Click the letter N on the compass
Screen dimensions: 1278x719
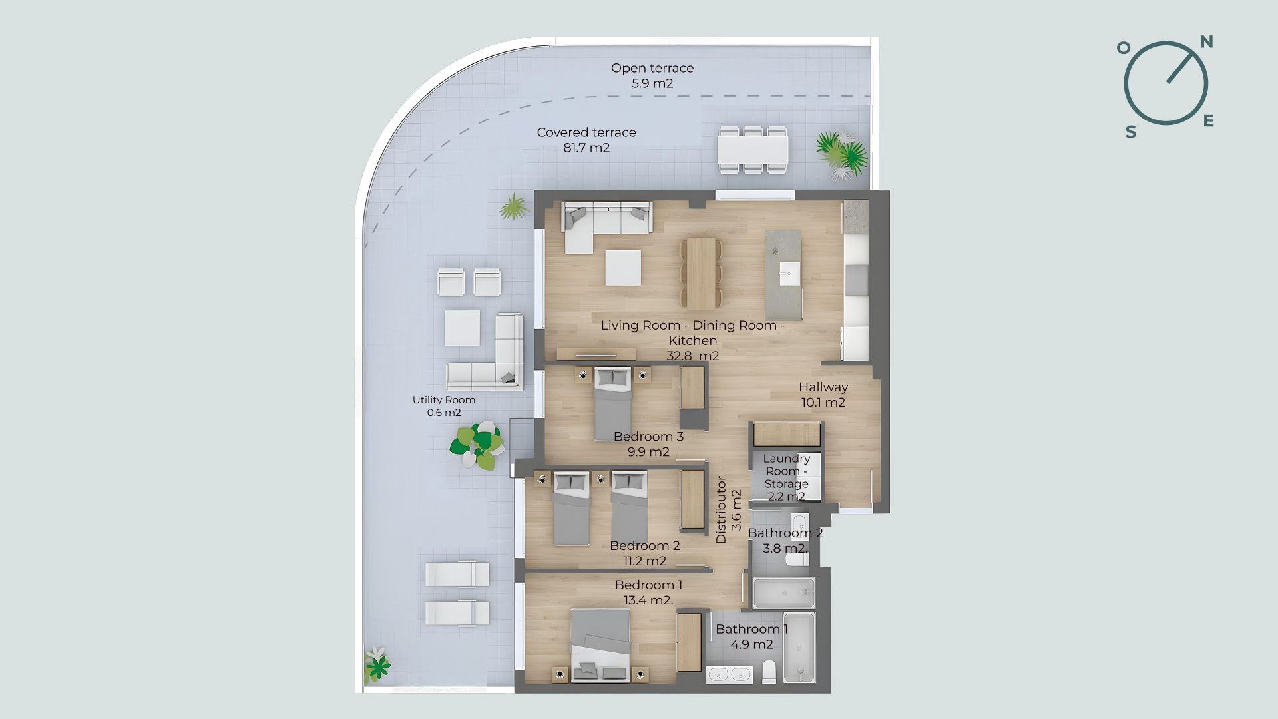pyautogui.click(x=1207, y=42)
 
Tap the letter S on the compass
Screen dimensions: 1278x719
pyautogui.click(x=1131, y=132)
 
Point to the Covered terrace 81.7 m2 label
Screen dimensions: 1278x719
pyautogui.click(x=586, y=140)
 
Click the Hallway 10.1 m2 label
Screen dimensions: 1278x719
pyautogui.click(x=823, y=394)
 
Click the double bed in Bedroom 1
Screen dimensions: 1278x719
pyautogui.click(x=600, y=645)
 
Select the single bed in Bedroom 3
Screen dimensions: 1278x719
pyautogui.click(x=612, y=403)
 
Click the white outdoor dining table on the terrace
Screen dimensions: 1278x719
pyautogui.click(x=753, y=150)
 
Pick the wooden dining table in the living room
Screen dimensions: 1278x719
pyautogui.click(x=701, y=273)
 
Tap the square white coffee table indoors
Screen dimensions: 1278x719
pyautogui.click(x=623, y=268)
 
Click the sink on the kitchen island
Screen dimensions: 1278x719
pyautogui.click(x=790, y=273)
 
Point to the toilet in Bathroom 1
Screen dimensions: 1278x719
pyautogui.click(x=769, y=671)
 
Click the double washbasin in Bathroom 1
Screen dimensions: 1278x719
pyautogui.click(x=730, y=674)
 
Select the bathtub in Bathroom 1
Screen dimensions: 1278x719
pyautogui.click(x=799, y=648)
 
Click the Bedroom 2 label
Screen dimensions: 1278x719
pyautogui.click(x=644, y=553)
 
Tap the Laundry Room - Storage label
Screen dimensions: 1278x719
pyautogui.click(x=786, y=477)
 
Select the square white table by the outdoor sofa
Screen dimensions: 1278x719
pyautogui.click(x=462, y=328)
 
